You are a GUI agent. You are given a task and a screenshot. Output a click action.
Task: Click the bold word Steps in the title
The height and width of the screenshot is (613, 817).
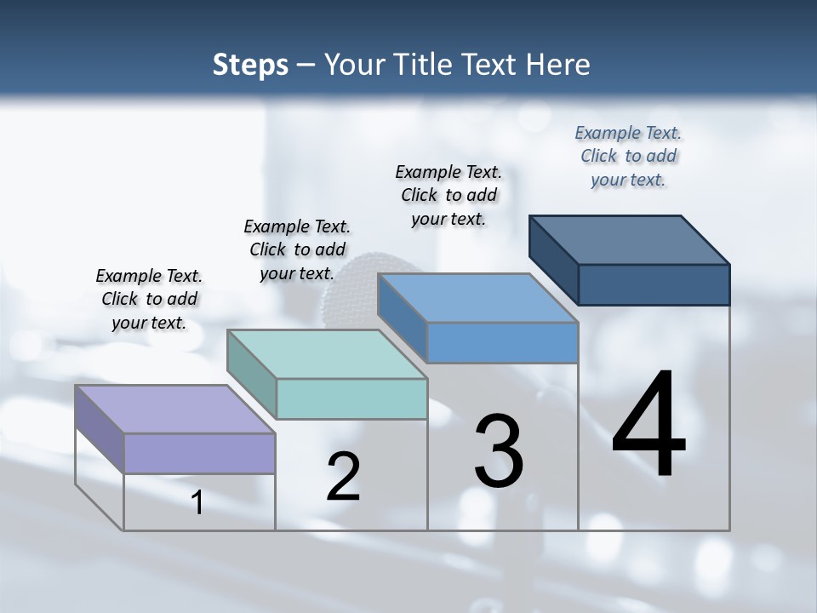point(250,65)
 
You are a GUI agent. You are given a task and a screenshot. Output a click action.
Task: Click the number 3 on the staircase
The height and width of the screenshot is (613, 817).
point(499,450)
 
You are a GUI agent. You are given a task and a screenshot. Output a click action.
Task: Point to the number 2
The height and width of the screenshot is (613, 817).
point(344,477)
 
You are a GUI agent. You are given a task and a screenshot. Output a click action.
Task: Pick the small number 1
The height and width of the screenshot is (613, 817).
point(197,503)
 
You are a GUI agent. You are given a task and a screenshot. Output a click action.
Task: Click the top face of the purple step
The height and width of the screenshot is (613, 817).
point(175,409)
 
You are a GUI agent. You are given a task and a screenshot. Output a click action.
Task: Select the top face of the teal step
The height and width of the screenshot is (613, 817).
point(327,354)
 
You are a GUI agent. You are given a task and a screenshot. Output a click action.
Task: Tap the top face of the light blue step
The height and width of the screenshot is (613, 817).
point(477,298)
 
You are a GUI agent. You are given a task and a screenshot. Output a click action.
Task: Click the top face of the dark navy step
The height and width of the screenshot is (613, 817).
point(630,240)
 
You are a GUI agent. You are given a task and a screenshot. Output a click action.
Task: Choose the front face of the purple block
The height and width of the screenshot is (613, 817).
point(199,453)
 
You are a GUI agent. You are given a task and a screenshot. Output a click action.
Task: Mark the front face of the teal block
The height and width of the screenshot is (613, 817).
point(351,398)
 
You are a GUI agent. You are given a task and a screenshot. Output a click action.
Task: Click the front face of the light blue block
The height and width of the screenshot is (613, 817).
point(502,342)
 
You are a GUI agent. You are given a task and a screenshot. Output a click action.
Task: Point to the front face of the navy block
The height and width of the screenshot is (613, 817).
point(654,284)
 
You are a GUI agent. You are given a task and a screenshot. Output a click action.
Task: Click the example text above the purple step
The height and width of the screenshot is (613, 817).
point(149,299)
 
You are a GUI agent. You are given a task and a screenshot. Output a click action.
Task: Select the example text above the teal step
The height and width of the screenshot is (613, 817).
point(297,249)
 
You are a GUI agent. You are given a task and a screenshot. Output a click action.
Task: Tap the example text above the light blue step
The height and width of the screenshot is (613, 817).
point(448,195)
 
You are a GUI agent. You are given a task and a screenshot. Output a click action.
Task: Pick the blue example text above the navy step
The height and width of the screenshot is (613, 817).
point(628,156)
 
